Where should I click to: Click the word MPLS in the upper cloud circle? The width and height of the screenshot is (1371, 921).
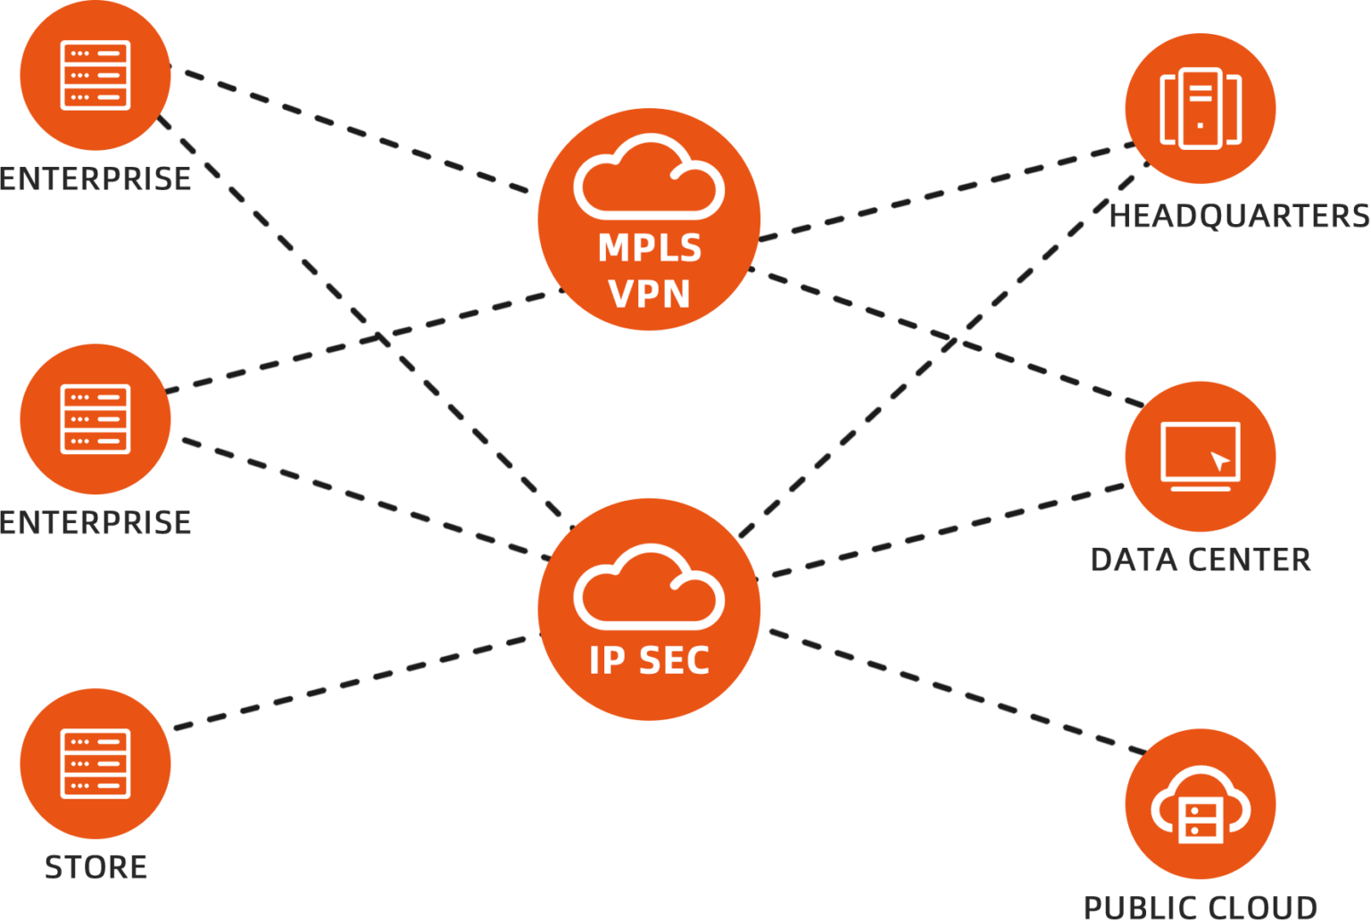[x=649, y=248]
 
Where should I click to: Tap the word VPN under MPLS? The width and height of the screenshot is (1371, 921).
[x=649, y=294]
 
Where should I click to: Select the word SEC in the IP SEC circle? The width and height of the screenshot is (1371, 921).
[x=675, y=660]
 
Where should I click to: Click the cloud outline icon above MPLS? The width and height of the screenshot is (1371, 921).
[x=649, y=178]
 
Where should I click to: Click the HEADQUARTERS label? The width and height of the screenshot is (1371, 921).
[x=1239, y=216]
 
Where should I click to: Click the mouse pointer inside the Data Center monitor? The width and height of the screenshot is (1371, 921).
[x=1219, y=461]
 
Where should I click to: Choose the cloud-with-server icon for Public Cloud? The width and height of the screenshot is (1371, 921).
[x=1201, y=808]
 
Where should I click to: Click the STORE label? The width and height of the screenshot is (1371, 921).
[x=96, y=867]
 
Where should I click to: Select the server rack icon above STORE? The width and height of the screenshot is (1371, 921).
[x=96, y=763]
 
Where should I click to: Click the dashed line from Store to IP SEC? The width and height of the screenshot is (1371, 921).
[x=353, y=682]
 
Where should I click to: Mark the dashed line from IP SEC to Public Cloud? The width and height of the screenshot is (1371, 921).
[x=955, y=691]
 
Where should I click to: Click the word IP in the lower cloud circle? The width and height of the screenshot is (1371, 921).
[x=607, y=660]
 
